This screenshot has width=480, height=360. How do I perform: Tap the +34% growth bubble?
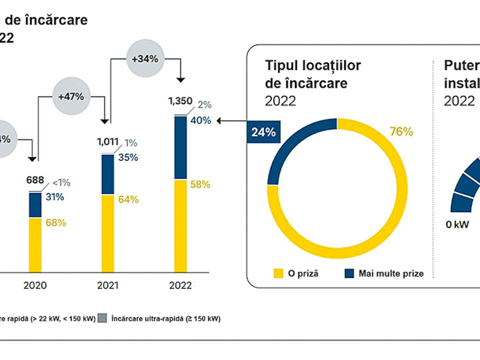click(x=145, y=59)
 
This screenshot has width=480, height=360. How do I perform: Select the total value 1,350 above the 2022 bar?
click(x=181, y=101)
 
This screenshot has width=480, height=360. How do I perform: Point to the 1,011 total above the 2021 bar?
click(x=108, y=141)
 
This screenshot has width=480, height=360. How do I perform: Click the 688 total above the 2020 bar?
click(x=35, y=180)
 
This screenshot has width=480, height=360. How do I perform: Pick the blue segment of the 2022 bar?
click(x=180, y=147)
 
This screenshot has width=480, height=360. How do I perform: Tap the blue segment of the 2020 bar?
click(x=35, y=205)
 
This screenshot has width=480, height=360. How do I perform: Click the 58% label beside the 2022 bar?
click(x=200, y=184)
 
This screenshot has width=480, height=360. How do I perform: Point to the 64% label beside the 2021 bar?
click(x=128, y=199)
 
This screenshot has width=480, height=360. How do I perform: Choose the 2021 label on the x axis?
click(x=108, y=286)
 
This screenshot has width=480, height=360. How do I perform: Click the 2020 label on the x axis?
click(x=35, y=286)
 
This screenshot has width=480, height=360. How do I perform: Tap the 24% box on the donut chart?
click(x=264, y=132)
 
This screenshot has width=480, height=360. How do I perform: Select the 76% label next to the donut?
click(x=401, y=132)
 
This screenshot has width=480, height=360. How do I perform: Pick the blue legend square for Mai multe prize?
click(x=349, y=273)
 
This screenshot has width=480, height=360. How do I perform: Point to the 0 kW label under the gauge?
click(x=457, y=224)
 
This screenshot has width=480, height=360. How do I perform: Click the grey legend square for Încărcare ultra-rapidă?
click(x=103, y=319)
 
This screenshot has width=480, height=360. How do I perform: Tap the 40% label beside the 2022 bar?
click(x=201, y=120)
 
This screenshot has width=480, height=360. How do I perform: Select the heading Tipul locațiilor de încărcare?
click(x=313, y=74)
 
